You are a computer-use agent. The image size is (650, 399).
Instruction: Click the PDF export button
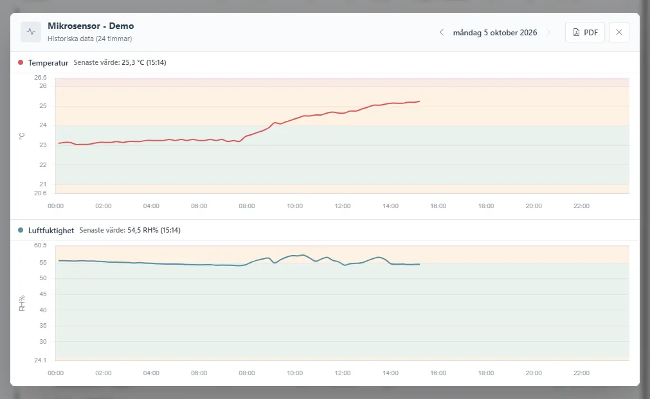click(x=585, y=32)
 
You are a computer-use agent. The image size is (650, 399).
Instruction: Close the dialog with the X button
click(x=619, y=32)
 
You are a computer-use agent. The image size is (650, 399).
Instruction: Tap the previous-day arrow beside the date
click(x=442, y=32)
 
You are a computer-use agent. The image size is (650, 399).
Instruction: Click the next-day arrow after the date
click(x=549, y=32)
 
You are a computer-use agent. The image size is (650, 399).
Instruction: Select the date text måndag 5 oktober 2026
click(x=495, y=33)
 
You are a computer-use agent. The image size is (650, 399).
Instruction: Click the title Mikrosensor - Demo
click(x=91, y=26)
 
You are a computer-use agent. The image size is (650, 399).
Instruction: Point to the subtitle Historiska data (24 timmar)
click(x=89, y=39)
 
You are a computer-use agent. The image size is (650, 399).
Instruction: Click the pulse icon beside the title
click(x=31, y=32)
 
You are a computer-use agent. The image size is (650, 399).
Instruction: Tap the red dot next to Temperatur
click(x=21, y=62)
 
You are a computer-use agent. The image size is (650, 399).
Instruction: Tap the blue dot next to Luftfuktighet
click(x=21, y=230)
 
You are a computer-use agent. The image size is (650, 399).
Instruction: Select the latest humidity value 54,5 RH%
click(x=143, y=230)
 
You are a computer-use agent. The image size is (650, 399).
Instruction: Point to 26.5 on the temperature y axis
click(x=41, y=78)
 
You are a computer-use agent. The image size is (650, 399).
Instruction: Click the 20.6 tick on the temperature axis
click(x=41, y=193)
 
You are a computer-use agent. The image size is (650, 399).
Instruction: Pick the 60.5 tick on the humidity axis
click(x=41, y=245)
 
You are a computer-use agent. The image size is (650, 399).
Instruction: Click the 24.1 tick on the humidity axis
click(x=41, y=360)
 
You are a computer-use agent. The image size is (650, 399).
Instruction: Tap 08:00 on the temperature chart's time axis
click(x=247, y=206)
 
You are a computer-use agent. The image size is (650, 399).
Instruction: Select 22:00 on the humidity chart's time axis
click(x=581, y=373)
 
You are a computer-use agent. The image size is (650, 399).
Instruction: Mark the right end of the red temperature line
click(x=420, y=101)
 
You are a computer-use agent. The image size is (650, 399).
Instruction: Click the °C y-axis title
click(x=22, y=136)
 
